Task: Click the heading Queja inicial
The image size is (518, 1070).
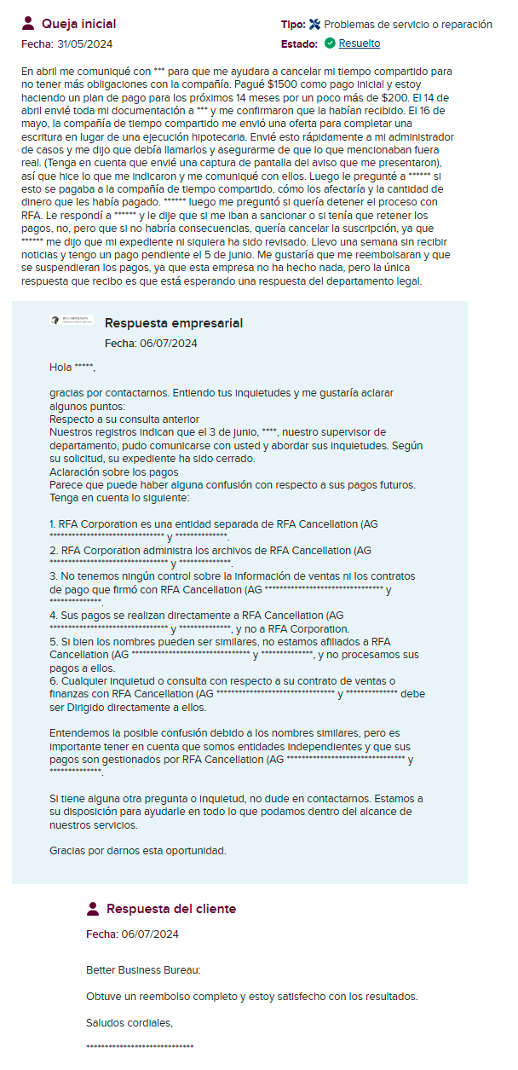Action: click(79, 24)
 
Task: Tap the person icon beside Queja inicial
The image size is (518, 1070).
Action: click(28, 23)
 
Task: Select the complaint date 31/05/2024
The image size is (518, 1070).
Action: click(84, 43)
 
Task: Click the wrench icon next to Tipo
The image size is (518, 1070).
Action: click(314, 25)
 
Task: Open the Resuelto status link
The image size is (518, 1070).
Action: click(360, 43)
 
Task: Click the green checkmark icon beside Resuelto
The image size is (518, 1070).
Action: click(330, 43)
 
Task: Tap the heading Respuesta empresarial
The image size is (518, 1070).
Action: click(174, 323)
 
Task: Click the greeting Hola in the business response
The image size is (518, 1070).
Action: click(60, 367)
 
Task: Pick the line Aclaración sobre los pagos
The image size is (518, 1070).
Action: click(113, 471)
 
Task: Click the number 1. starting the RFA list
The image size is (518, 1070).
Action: click(53, 523)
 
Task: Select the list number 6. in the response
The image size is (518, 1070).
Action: click(53, 680)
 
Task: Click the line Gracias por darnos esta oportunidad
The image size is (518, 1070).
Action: click(137, 851)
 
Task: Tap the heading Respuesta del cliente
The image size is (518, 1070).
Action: click(171, 909)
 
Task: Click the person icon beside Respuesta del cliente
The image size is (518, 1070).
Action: click(94, 909)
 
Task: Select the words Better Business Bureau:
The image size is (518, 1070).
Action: click(143, 970)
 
